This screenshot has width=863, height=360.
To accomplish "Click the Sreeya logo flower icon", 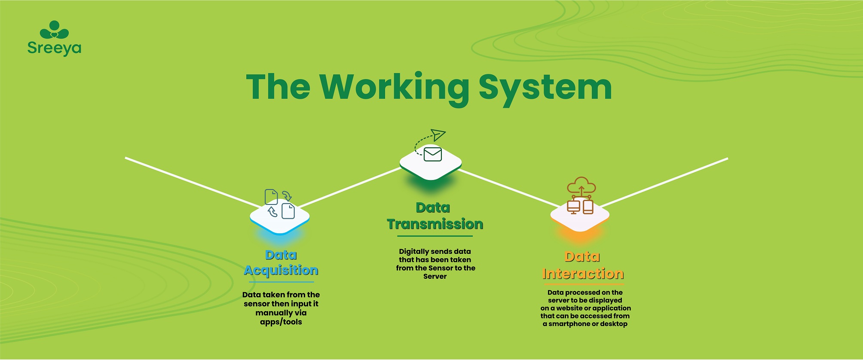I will point(54,30).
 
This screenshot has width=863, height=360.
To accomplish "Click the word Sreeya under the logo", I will point(54,48).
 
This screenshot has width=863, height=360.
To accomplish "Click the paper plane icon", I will point(438,135).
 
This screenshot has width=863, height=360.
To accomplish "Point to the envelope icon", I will point(432,154).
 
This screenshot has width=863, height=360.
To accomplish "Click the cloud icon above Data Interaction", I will point(581,186).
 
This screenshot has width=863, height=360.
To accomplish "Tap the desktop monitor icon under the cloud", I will point(573,207).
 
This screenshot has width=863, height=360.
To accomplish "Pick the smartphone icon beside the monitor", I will point(588,207).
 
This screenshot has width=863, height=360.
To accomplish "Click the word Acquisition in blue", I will point(281,271).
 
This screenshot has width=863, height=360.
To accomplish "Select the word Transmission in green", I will point(435,224).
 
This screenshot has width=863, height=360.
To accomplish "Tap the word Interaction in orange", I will point(583,274).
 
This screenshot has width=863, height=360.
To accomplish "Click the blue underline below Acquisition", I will point(281,282).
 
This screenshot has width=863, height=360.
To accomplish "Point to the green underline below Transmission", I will point(435,236).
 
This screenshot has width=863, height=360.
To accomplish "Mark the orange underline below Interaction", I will point(583,284).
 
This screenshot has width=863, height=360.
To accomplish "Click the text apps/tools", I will point(281,322).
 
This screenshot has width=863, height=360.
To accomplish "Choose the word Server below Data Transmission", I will point(435,276).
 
